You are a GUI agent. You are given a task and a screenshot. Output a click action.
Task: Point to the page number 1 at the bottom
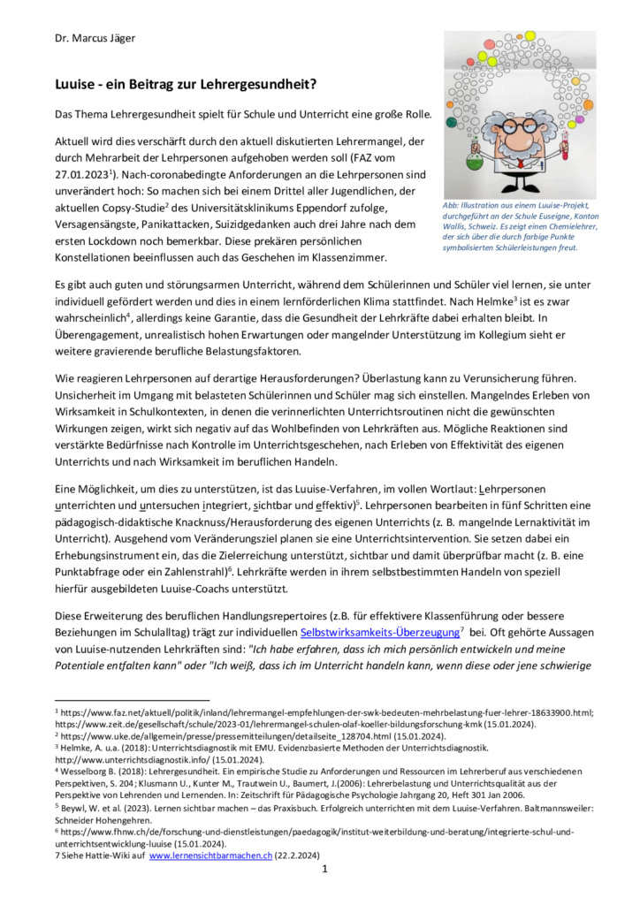pyautogui.click(x=324, y=869)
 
